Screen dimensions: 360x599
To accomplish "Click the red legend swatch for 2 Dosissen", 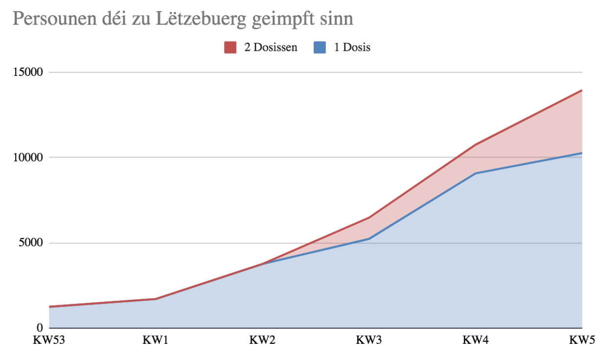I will [230, 47].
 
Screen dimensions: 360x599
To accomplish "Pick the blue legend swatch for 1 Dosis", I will [320, 47].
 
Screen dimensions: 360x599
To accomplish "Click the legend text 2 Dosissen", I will [271, 48].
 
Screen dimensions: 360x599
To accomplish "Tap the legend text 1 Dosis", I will [352, 48].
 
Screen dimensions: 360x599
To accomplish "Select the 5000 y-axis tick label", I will [32, 243].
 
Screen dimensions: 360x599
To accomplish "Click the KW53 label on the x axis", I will [49, 340].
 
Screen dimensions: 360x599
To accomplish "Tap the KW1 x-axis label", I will [156, 340].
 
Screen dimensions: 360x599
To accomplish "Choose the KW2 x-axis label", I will [262, 340].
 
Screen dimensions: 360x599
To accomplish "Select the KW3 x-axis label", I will [369, 340].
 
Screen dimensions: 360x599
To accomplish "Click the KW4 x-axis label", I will [476, 340].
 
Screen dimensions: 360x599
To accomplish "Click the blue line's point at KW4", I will [476, 173].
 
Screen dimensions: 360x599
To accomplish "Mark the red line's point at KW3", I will [369, 218].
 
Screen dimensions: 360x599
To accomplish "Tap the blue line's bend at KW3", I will [369, 239].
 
